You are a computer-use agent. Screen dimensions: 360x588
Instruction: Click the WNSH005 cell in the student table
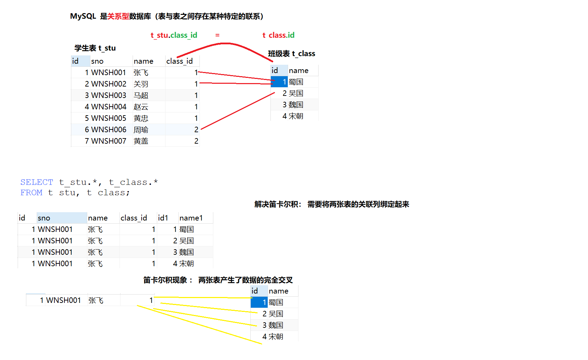[x=109, y=118]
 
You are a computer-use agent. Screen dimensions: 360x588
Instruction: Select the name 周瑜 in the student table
[x=141, y=130]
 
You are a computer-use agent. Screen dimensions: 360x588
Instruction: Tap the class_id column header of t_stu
[x=179, y=61]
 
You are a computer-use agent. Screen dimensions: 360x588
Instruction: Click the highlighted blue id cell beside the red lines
[x=279, y=82]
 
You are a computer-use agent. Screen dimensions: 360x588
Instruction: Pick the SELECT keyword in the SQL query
[x=37, y=182]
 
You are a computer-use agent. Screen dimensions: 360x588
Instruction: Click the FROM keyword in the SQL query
[x=31, y=192]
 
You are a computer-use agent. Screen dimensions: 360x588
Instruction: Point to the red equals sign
[x=217, y=35]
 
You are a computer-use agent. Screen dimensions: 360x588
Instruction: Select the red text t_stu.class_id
[x=174, y=35]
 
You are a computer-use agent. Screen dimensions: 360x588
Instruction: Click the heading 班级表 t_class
[x=292, y=54]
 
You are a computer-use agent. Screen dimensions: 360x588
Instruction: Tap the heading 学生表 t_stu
[x=95, y=48]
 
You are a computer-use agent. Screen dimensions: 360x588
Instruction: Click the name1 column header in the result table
[x=191, y=218]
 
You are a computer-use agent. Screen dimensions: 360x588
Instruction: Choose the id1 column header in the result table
[x=163, y=218]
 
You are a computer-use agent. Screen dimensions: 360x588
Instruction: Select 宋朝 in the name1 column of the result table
[x=187, y=264]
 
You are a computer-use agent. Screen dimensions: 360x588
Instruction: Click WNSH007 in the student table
[x=109, y=141]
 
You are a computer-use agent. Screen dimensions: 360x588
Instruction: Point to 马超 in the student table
[x=141, y=96]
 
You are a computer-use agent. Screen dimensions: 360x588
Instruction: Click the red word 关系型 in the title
[x=118, y=16]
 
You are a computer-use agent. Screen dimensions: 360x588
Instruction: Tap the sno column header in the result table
[x=44, y=218]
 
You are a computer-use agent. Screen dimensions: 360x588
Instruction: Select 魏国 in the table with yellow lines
[x=276, y=325]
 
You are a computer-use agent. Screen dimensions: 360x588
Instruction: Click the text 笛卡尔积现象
[x=165, y=280]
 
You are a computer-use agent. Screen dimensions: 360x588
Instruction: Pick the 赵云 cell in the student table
[x=141, y=107]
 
